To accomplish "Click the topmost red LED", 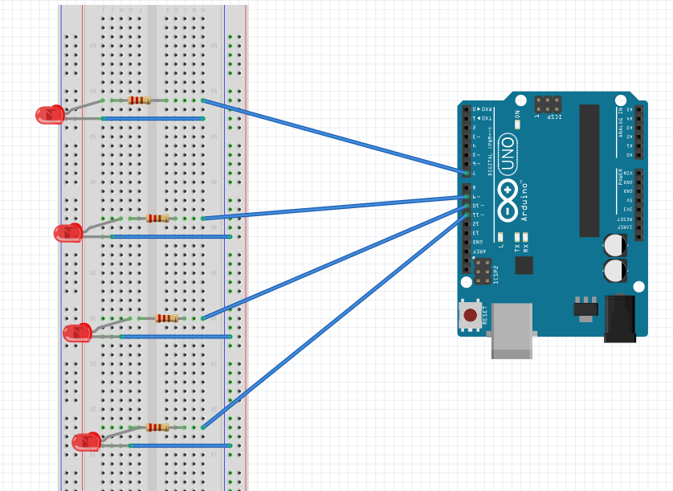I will coord(50,115).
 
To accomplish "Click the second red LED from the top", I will coord(67,234).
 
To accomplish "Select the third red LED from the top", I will coord(77,333).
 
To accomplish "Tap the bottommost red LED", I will coord(86,442).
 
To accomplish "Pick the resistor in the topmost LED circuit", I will coord(140,100).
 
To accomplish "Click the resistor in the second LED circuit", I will coord(158,218).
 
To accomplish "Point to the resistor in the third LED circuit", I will coord(167,318).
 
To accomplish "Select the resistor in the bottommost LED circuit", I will coord(158,428).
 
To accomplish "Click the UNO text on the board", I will coord(508,153).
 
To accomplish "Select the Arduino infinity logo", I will coord(508,200).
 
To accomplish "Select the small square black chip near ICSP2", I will coord(524,264).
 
